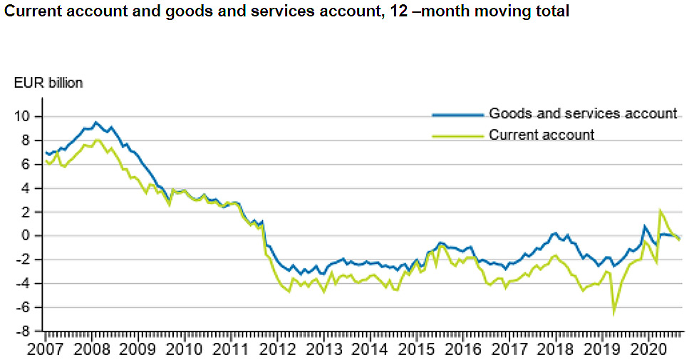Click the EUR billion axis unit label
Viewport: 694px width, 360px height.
pyautogui.click(x=48, y=83)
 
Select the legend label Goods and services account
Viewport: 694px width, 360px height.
pyautogui.click(x=582, y=114)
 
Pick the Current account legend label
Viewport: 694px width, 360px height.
pyautogui.click(x=541, y=135)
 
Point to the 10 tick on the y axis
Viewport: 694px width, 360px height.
pyautogui.click(x=26, y=117)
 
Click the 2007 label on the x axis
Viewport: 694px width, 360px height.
pyautogui.click(x=45, y=349)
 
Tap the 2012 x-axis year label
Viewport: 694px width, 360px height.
pyautogui.click(x=277, y=349)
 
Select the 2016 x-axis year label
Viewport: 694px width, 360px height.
pyautogui.click(x=463, y=349)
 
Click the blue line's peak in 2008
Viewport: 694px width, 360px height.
pyautogui.click(x=96, y=122)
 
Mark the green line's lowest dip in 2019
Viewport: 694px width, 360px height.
pyautogui.click(x=613, y=312)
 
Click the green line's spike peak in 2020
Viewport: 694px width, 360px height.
pyautogui.click(x=661, y=210)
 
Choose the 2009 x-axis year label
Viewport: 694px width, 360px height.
pyautogui.click(x=138, y=349)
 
